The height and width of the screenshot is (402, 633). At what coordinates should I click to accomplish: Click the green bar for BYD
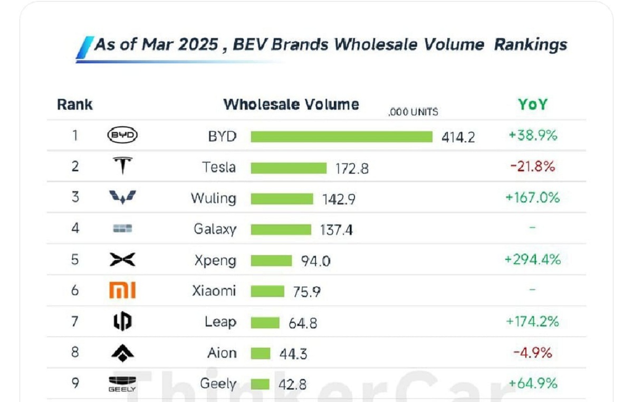pyautogui.click(x=341, y=137)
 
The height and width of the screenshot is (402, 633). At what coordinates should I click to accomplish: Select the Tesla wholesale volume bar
pyautogui.click(x=289, y=168)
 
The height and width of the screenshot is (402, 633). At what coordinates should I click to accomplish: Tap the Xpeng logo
pyautogui.click(x=122, y=260)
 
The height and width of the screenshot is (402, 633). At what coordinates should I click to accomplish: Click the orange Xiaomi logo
pyautogui.click(x=122, y=291)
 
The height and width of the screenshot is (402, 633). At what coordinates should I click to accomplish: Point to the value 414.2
pyautogui.click(x=458, y=137)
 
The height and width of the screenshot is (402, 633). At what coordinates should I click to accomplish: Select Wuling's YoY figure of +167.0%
pyautogui.click(x=532, y=198)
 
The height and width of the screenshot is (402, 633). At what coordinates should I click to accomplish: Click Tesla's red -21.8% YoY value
pyautogui.click(x=532, y=167)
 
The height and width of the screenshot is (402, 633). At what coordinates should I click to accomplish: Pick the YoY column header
pyautogui.click(x=532, y=105)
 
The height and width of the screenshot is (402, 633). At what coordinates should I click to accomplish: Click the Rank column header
pyautogui.click(x=75, y=105)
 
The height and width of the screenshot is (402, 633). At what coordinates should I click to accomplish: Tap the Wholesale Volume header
pyautogui.click(x=291, y=104)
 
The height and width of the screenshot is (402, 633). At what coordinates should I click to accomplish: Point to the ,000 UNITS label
pyautogui.click(x=413, y=112)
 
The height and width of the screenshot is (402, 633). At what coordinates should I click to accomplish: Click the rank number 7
pyautogui.click(x=75, y=322)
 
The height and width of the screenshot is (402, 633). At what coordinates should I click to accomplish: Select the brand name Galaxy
pyautogui.click(x=215, y=229)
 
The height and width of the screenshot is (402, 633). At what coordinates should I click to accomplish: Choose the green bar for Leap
pyautogui.click(x=265, y=322)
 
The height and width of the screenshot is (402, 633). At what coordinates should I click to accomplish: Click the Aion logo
pyautogui.click(x=122, y=353)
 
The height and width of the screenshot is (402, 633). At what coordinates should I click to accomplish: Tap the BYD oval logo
pyautogui.click(x=122, y=136)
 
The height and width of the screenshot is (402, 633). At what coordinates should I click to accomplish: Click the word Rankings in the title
pyautogui.click(x=530, y=44)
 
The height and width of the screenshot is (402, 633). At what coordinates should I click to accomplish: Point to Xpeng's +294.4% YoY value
pyautogui.click(x=532, y=259)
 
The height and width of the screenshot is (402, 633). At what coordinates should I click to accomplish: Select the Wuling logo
pyautogui.click(x=122, y=198)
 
